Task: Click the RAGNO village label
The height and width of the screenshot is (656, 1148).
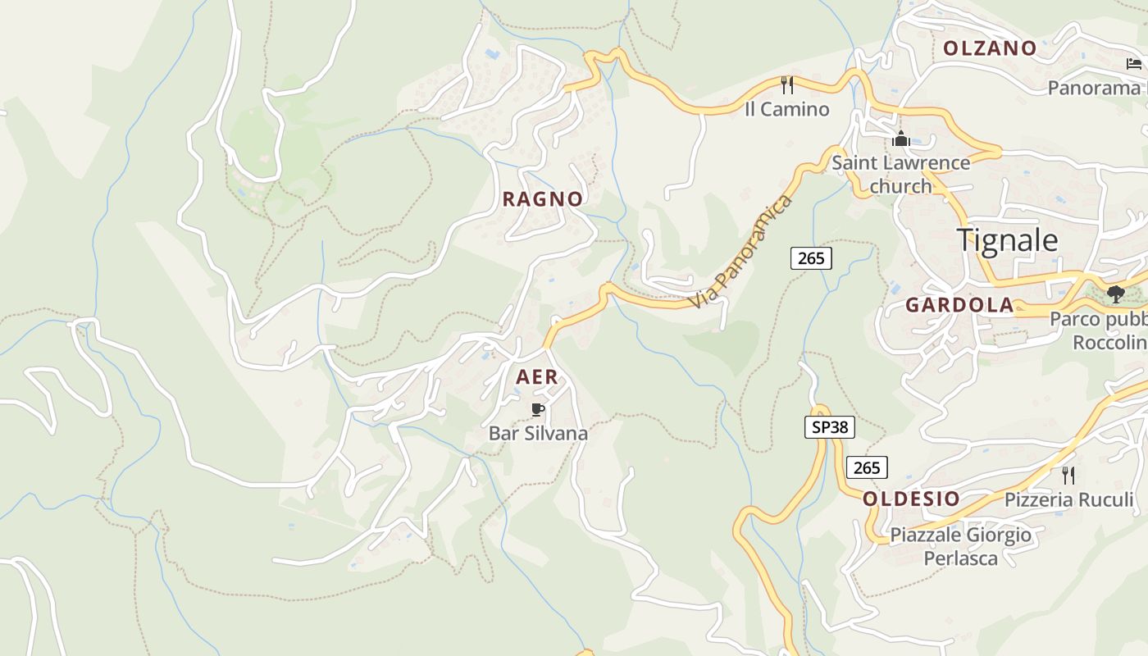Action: (542, 198)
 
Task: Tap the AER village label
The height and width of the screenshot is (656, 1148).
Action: (537, 377)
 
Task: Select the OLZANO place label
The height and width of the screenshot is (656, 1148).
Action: (990, 48)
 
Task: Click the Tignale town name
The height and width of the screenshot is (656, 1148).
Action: (1007, 240)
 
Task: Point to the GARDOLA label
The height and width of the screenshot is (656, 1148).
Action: (959, 305)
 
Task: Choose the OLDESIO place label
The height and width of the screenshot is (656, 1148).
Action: (911, 499)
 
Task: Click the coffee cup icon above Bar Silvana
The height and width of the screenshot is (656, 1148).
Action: (538, 409)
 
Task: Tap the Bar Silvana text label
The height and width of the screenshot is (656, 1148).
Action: (538, 433)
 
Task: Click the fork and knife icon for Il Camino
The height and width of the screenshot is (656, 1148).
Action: (787, 84)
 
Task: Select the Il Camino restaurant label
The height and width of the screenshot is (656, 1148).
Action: (786, 109)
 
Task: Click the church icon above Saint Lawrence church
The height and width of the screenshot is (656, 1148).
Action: (901, 139)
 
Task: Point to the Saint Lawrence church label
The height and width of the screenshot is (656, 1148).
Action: (900, 174)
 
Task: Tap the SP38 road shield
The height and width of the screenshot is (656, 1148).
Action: (830, 427)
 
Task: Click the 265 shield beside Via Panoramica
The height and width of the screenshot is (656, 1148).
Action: (811, 258)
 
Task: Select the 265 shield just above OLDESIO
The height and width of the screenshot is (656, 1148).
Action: (867, 467)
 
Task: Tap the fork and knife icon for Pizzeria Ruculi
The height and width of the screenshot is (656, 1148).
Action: (1068, 475)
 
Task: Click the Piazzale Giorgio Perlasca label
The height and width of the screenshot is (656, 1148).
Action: (960, 546)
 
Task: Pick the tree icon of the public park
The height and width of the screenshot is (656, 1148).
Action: (1114, 294)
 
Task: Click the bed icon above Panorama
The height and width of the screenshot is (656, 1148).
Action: (1134, 63)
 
